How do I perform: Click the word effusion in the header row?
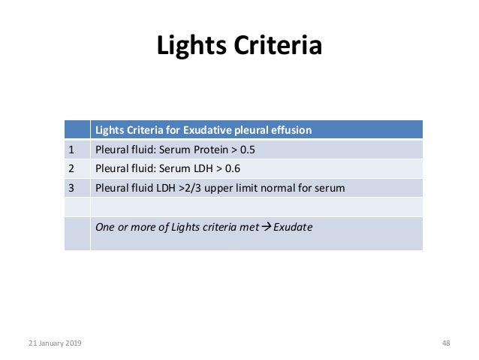pyautogui.click(x=290, y=129)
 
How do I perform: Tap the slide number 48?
pyautogui.click(x=446, y=343)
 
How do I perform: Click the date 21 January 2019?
pyautogui.click(x=56, y=343)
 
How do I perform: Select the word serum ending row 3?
pyautogui.click(x=330, y=188)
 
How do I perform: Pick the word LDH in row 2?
pyautogui.click(x=203, y=168)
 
